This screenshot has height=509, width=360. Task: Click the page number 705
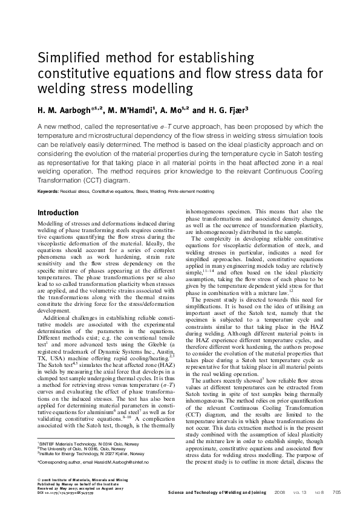click(337, 493)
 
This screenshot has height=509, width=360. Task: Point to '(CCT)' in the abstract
click(91, 180)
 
